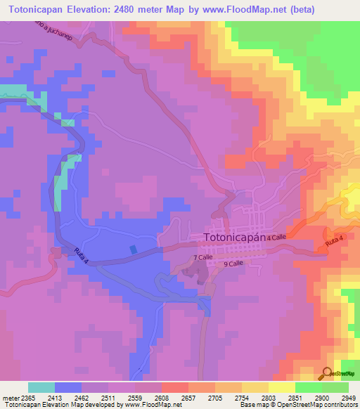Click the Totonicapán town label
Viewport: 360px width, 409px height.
click(x=233, y=238)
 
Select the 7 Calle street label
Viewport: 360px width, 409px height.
click(x=203, y=258)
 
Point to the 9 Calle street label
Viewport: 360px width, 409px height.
click(x=233, y=264)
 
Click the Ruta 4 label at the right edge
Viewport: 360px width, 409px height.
click(x=335, y=242)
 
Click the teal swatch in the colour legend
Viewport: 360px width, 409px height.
click(x=41, y=387)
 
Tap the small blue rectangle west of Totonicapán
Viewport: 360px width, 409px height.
click(x=133, y=249)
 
